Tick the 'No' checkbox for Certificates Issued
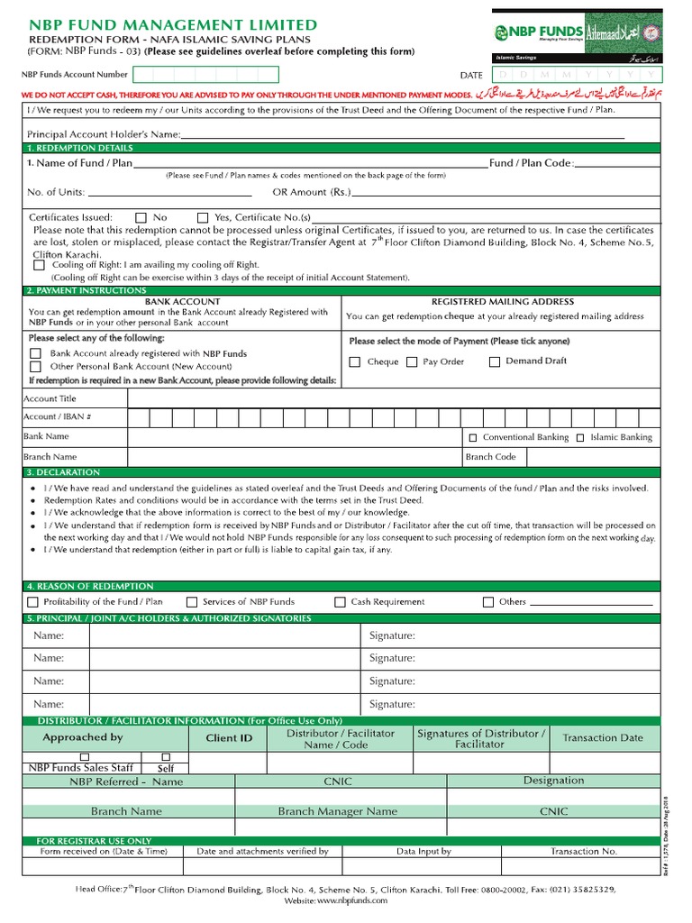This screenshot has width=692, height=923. click(141, 218)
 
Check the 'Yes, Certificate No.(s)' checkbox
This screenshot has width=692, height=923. click(203, 218)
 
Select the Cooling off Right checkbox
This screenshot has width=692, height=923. click(39, 265)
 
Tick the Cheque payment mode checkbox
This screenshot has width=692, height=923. click(355, 362)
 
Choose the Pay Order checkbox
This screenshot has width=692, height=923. click(411, 362)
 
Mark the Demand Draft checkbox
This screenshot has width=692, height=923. click(495, 362)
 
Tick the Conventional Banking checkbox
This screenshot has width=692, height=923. click(472, 438)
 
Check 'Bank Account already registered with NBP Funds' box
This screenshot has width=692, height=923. click(36, 354)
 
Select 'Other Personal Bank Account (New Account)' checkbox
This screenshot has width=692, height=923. click(36, 367)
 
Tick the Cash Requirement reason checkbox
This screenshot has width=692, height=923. click(340, 602)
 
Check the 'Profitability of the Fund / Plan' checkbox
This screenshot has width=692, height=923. click(33, 602)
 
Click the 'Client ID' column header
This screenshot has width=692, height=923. click(229, 738)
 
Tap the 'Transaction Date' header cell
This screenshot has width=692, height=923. click(603, 738)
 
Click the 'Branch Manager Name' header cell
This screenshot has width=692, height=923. click(337, 811)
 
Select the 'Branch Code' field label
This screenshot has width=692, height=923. click(490, 457)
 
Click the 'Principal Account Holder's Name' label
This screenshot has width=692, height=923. click(104, 134)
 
